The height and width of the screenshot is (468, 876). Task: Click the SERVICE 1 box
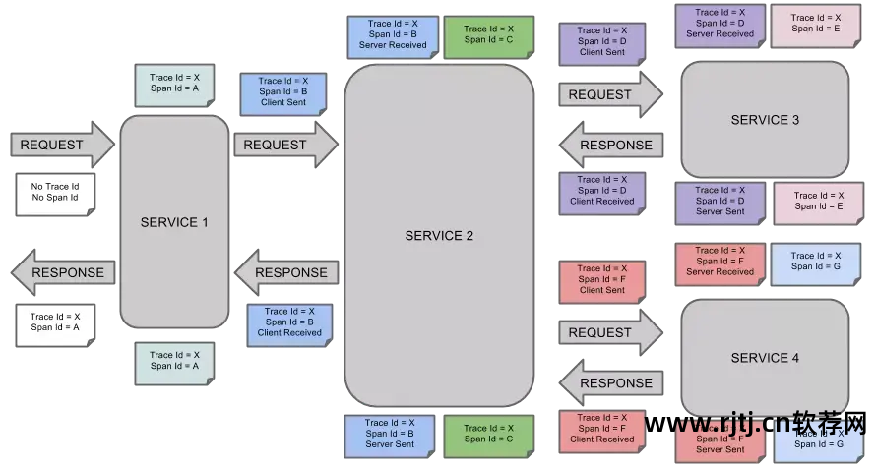[174, 222]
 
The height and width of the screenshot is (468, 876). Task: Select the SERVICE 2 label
[439, 236]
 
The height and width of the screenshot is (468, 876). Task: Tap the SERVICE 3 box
[765, 120]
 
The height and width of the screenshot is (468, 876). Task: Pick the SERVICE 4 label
[765, 358]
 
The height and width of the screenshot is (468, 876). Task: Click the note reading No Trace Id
[55, 192]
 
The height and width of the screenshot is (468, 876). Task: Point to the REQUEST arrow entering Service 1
[62, 145]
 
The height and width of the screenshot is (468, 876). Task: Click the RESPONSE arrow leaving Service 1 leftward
[62, 272]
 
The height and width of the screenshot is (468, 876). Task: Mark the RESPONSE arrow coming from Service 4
[610, 382]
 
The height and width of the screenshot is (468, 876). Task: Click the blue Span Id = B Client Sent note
[283, 92]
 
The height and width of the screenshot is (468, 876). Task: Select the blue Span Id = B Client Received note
[289, 322]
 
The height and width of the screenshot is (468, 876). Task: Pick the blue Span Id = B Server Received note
[393, 35]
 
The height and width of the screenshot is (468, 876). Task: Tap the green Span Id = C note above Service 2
[488, 35]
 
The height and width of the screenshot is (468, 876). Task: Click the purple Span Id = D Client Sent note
[601, 42]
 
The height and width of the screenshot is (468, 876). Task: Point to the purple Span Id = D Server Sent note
[720, 202]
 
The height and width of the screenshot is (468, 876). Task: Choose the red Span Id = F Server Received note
[720, 263]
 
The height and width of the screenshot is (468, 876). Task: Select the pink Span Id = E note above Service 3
[816, 25]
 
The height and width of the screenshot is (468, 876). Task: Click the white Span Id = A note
[55, 323]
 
